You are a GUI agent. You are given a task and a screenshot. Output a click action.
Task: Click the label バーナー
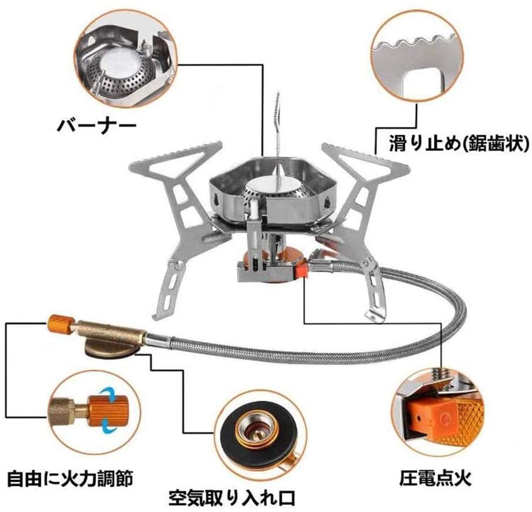97,125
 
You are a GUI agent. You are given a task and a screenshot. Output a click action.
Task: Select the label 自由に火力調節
70,478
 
